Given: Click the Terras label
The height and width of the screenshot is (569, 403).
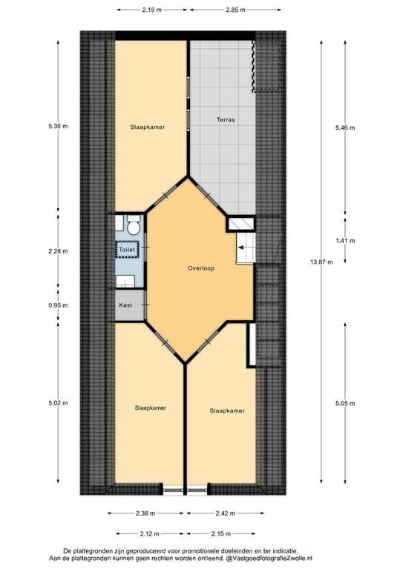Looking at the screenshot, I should click(226, 119).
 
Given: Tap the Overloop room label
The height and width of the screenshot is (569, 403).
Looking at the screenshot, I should click(201, 268).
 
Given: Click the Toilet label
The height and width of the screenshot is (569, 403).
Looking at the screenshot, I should click(128, 251).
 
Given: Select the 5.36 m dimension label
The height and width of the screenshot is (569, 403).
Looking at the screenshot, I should click(59, 127).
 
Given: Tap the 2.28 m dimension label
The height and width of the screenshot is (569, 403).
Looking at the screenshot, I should click(59, 250).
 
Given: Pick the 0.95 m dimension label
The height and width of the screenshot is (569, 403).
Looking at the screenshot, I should click(59, 305).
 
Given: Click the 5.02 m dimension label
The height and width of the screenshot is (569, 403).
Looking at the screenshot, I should click(59, 403).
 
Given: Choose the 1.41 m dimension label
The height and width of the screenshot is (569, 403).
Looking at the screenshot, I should click(345, 241).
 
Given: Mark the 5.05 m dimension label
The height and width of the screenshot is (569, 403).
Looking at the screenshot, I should click(345, 403).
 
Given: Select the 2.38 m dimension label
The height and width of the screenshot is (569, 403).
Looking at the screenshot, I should click(145, 513).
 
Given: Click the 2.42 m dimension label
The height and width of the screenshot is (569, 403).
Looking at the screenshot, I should click(223, 513).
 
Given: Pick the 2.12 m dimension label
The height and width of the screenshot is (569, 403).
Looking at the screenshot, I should click(151, 533).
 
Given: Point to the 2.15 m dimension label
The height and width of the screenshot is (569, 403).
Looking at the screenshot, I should click(220, 533).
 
